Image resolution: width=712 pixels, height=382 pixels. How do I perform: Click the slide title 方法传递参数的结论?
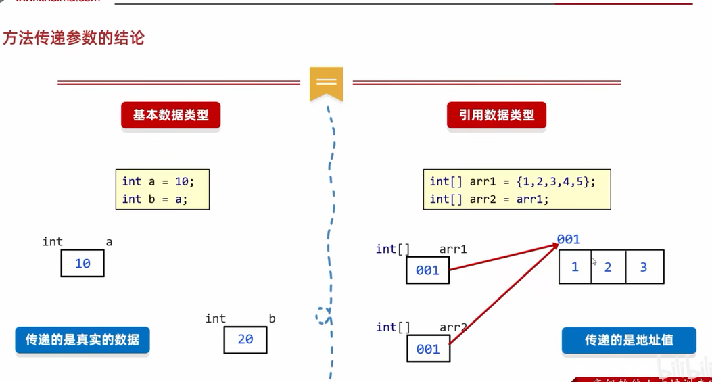click(x=74, y=39)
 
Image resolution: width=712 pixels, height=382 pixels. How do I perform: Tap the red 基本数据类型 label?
click(x=170, y=116)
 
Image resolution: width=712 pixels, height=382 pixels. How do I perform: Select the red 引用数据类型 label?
click(x=496, y=116)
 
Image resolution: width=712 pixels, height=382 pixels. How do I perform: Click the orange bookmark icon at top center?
click(x=327, y=83)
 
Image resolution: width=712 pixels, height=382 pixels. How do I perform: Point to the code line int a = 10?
click(x=158, y=181)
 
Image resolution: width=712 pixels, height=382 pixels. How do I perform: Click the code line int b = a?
click(x=155, y=199)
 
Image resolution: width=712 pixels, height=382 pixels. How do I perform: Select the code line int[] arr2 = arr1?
click(x=490, y=199)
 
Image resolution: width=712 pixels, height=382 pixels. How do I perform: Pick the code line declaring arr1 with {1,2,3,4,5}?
click(x=513, y=181)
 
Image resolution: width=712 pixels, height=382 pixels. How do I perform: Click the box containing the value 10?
click(x=82, y=264)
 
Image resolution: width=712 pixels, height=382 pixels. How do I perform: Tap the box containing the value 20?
click(x=245, y=339)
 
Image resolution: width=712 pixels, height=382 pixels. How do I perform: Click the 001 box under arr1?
click(x=427, y=270)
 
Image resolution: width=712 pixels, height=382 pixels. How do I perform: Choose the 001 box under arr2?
click(x=428, y=349)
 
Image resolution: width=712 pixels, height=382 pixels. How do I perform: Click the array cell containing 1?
click(x=575, y=267)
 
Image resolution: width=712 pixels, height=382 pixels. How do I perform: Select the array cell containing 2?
click(x=608, y=267)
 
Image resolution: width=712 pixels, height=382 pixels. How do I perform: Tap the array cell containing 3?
click(x=644, y=267)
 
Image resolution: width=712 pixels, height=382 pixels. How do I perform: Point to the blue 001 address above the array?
click(x=569, y=239)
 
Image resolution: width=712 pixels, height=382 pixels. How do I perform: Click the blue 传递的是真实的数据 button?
click(x=82, y=340)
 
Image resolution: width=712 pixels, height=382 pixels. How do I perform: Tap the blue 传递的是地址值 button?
click(x=629, y=340)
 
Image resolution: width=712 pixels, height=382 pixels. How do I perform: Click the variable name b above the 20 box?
click(x=272, y=318)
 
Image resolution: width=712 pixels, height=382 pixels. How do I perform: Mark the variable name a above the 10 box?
click(x=109, y=242)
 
